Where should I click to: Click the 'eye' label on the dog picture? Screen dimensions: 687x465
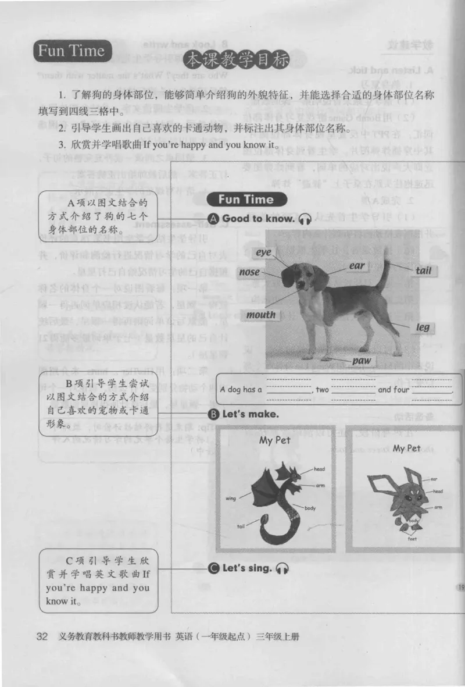[264, 253]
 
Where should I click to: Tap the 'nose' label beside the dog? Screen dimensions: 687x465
[249, 272]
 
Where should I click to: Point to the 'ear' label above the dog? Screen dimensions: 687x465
[357, 266]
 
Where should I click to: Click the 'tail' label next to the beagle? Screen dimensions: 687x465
[426, 271]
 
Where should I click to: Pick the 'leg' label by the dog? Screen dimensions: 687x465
[423, 327]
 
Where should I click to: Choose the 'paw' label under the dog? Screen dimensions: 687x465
[362, 361]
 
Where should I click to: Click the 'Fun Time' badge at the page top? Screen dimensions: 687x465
[71, 51]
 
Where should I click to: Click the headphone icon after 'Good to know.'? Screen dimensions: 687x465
[305, 219]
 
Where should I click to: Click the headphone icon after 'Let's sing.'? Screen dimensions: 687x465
[282, 568]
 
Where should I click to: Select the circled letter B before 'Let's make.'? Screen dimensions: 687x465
[213, 415]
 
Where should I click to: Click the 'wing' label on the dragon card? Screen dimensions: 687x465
[229, 499]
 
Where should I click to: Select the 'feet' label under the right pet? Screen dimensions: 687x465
[412, 538]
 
